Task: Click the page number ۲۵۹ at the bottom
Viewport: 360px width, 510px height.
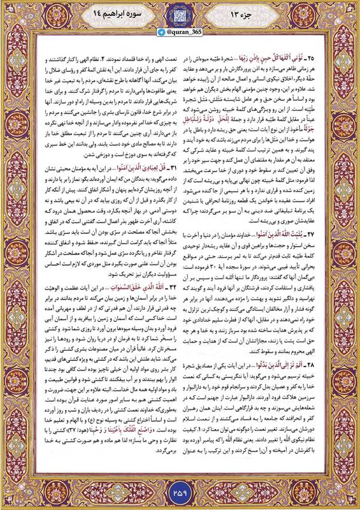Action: tap(180, 492)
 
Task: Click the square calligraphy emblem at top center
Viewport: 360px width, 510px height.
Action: tap(180, 15)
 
